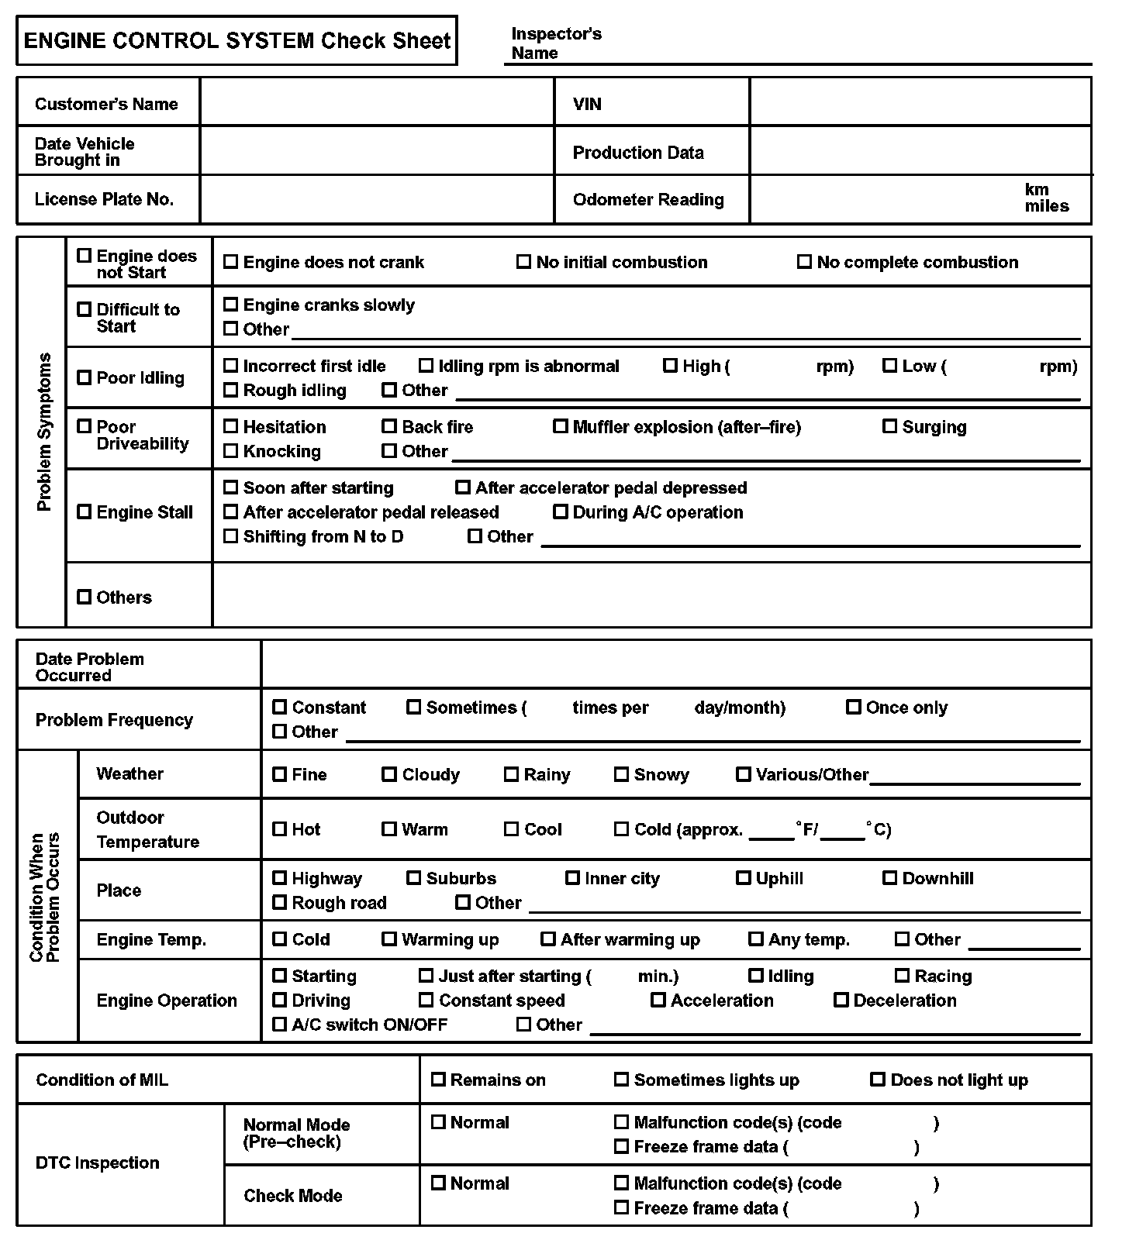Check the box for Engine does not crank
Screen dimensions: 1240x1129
coord(230,262)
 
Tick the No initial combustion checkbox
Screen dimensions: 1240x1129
coord(523,262)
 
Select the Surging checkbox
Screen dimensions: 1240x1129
coord(889,426)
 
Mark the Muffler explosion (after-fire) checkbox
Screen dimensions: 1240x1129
coord(560,426)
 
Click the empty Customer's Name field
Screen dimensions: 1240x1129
coord(377,102)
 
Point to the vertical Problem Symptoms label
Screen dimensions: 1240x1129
coord(44,432)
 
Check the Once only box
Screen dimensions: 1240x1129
coord(853,707)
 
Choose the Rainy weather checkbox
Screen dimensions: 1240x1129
coord(511,774)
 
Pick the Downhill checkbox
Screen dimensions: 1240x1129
coord(889,878)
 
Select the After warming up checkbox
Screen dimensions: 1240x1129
coord(547,939)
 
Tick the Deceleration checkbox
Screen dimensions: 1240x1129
coord(841,1000)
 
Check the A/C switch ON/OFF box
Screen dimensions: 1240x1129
coord(279,1025)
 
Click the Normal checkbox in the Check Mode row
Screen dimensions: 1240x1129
coord(438,1183)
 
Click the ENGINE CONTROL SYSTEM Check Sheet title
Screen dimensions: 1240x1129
coord(237,40)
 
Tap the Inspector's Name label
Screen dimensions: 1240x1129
coord(556,43)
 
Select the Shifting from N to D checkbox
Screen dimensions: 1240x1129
coord(230,536)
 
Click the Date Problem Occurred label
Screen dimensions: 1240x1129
coord(89,667)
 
